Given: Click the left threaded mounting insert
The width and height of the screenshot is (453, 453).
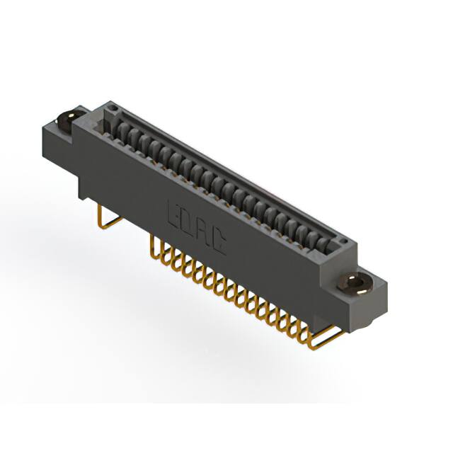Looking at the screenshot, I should point(69,120).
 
